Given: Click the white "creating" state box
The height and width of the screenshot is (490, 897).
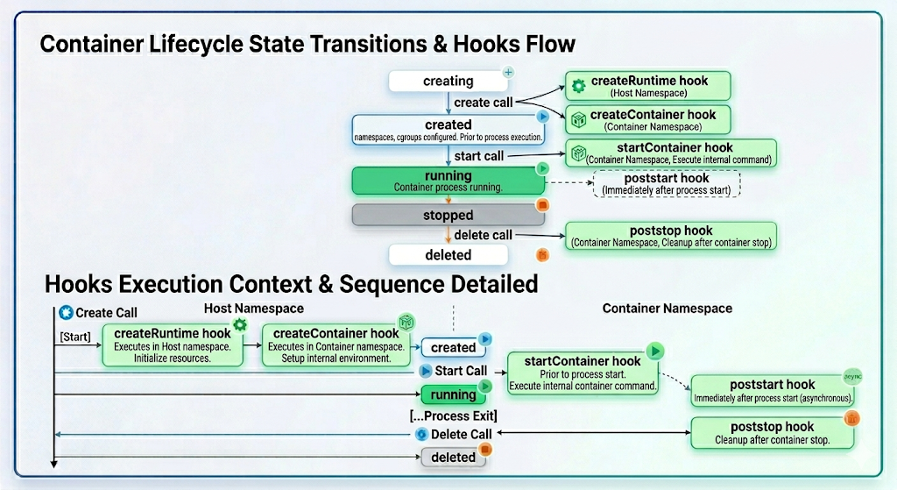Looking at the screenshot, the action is (448, 81).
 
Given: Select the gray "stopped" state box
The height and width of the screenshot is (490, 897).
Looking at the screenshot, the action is (448, 216).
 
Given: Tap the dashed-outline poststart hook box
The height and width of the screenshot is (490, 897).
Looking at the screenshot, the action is (667, 184).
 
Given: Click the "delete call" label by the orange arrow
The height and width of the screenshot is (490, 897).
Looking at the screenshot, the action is (483, 235).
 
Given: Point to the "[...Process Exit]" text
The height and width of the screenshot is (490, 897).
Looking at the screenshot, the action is (453, 415).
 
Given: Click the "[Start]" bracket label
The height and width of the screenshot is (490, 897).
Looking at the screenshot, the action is (75, 337).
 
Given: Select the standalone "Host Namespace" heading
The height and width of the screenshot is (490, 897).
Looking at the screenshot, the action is (253, 309).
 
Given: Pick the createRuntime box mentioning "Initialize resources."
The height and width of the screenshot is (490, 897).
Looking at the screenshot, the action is (173, 345).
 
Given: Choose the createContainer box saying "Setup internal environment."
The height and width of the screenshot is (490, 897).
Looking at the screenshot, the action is (335, 345).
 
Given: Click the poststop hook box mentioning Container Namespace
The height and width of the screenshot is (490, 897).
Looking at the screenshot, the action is (671, 236).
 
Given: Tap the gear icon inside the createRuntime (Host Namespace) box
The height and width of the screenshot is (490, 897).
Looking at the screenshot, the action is (578, 86).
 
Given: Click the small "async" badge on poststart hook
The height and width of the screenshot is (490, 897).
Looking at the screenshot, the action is (852, 376).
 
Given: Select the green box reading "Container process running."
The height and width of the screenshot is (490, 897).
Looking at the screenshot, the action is (448, 181).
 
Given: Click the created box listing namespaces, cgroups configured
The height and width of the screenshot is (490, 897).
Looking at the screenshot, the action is (448, 130).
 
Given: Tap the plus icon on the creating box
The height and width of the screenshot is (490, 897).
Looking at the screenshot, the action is (508, 72).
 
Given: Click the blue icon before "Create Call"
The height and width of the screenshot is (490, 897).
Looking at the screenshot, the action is (66, 313).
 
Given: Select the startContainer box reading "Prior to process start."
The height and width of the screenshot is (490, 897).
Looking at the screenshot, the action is (583, 373).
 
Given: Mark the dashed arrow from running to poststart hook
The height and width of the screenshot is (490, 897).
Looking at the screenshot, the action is (569, 182).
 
